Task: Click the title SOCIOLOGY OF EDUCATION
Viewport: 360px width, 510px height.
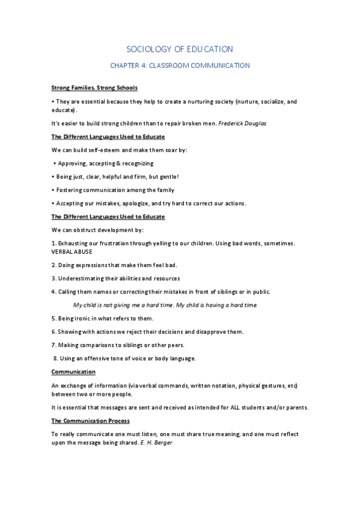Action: [180, 49]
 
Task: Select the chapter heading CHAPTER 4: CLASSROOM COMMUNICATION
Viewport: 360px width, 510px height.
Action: [180, 66]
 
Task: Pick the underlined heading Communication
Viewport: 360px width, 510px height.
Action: [73, 372]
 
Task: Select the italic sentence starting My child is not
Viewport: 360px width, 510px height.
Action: [165, 305]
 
